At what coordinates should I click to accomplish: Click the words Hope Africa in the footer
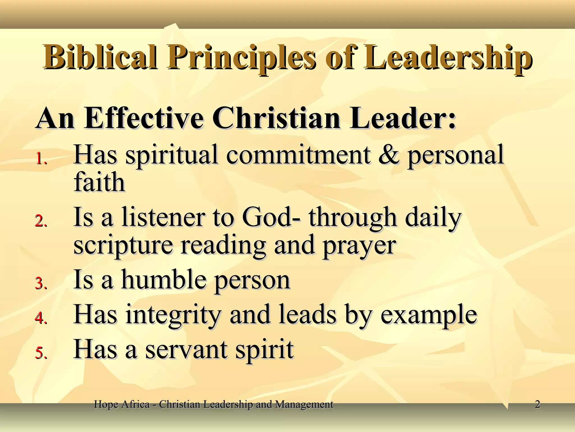tap(122, 404)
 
